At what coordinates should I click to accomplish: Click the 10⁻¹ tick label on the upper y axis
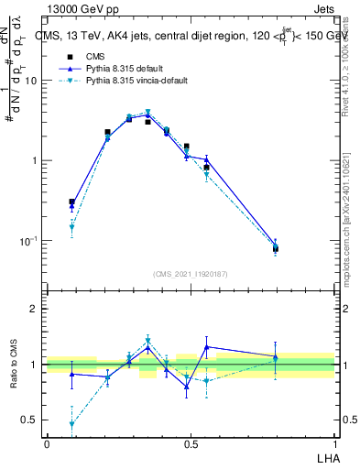point(29,241)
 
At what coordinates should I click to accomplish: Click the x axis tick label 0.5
point(191,443)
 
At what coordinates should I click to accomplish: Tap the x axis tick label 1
point(334,443)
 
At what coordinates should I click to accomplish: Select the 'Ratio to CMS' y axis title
point(15,365)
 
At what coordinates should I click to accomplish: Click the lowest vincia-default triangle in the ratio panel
point(72,424)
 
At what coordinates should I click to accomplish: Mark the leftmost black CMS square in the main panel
point(72,202)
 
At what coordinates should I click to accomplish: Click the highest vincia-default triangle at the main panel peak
point(147,113)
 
